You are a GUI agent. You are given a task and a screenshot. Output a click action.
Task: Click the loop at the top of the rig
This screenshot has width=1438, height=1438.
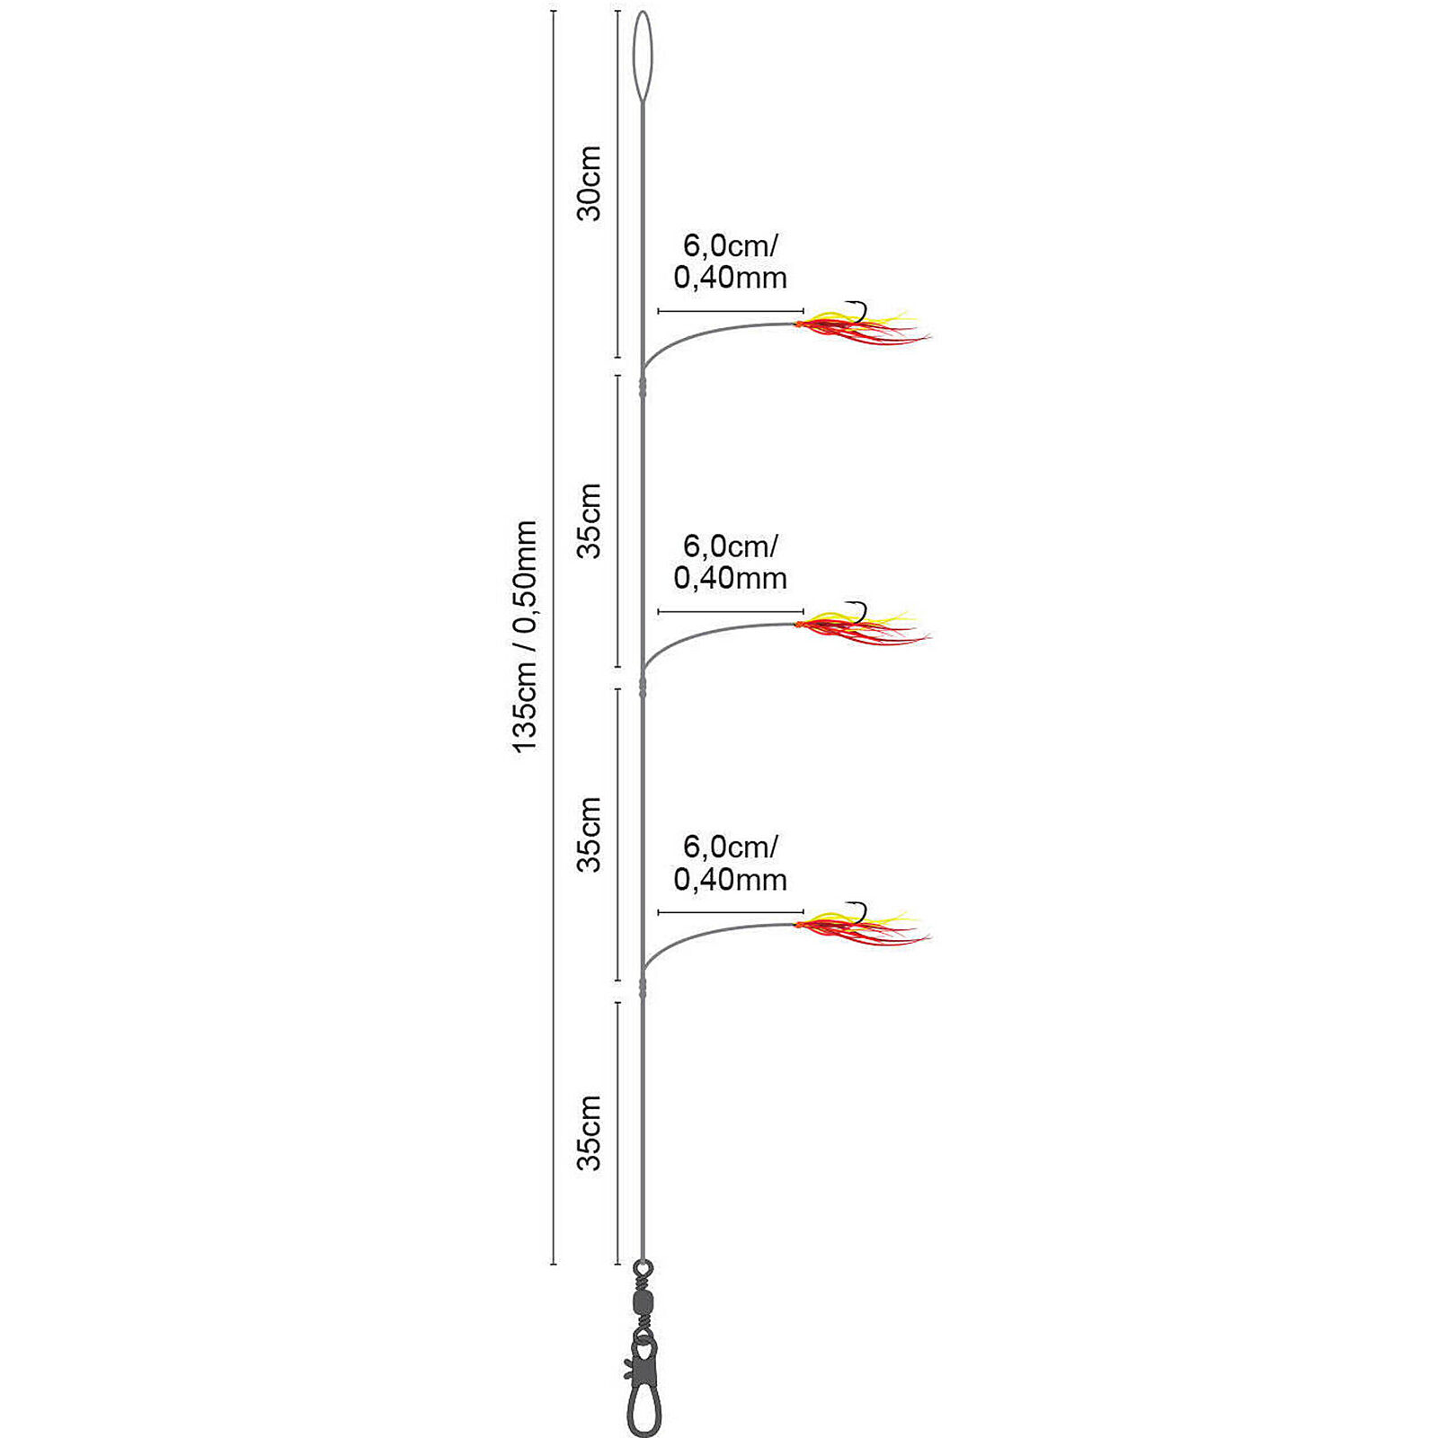coord(643,56)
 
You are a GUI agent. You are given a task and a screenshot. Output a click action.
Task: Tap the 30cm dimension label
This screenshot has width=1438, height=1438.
coord(590,183)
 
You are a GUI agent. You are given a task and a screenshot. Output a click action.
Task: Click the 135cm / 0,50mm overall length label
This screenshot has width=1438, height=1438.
coord(524,636)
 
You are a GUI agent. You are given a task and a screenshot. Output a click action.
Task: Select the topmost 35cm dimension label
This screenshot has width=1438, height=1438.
coord(590,520)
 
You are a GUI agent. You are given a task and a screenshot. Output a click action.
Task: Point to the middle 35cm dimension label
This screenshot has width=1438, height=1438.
coord(590,834)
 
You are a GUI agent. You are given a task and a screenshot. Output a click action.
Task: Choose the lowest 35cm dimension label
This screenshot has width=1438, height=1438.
coord(590,1132)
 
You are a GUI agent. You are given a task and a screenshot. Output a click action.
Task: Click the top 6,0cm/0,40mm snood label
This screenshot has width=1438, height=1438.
coord(730,262)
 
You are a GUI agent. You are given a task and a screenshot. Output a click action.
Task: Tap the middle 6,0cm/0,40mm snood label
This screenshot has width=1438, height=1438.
coord(730,562)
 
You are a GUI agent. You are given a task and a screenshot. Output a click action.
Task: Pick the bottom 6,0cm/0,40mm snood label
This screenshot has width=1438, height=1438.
coord(730,863)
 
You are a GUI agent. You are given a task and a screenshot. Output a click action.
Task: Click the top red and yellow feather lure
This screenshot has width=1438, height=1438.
coord(863,325)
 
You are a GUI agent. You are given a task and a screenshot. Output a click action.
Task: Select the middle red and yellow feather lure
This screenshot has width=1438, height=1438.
coord(863,626)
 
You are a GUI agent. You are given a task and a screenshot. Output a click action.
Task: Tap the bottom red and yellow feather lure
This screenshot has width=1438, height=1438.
coord(863,927)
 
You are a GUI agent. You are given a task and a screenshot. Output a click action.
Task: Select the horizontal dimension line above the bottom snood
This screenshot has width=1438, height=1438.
coord(731,912)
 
